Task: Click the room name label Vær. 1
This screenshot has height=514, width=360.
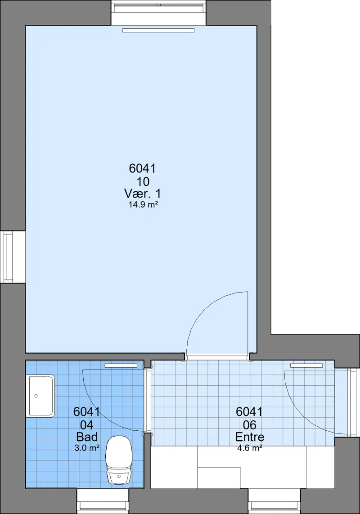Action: point(143,193)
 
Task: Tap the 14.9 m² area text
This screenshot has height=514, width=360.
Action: point(143,205)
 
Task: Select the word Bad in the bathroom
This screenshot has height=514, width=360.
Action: point(87,437)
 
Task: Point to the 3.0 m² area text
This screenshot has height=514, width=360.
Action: point(87,448)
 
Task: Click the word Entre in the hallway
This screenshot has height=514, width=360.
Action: point(249,437)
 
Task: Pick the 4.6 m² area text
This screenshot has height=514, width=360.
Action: point(249,448)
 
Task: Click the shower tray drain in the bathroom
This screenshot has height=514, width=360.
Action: point(36,396)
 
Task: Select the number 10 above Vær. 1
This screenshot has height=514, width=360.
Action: point(143,181)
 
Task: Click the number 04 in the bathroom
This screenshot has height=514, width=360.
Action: point(87,425)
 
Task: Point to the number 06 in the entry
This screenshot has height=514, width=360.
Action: point(249,425)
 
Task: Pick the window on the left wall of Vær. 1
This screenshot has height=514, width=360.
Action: point(8,257)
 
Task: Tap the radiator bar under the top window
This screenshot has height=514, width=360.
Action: point(159,31)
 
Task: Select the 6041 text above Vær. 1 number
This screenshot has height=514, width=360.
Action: point(143,168)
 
